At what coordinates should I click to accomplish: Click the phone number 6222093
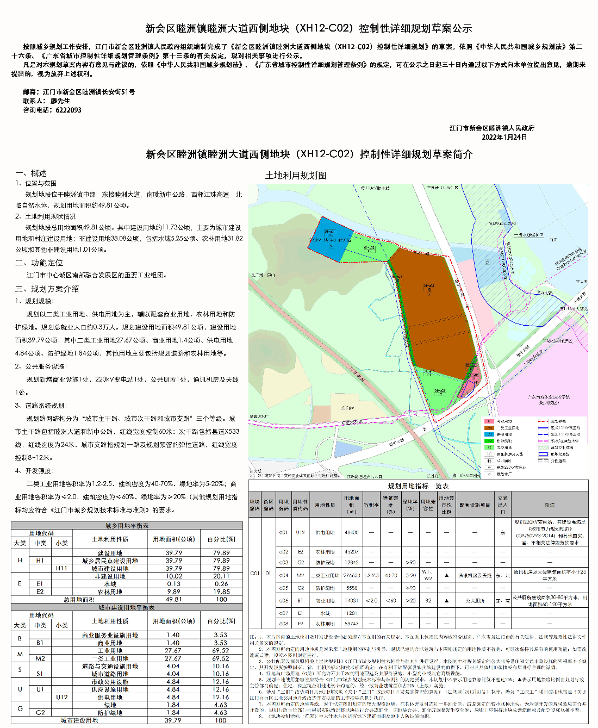click(68, 110)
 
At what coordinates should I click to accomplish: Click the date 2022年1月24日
click(504, 137)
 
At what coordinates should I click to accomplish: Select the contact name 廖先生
click(60, 101)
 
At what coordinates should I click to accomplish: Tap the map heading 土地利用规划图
click(296, 176)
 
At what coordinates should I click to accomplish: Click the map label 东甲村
click(347, 407)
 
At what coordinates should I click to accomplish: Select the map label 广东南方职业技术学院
click(549, 397)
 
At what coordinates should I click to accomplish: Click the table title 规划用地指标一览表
click(418, 486)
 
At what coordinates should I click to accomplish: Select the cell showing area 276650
click(351, 575)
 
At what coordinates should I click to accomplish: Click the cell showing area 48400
click(351, 532)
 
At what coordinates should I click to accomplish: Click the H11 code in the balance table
click(62, 568)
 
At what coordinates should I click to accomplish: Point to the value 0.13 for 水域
click(174, 584)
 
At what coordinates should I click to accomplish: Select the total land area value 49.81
click(174, 599)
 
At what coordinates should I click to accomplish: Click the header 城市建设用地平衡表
click(127, 607)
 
